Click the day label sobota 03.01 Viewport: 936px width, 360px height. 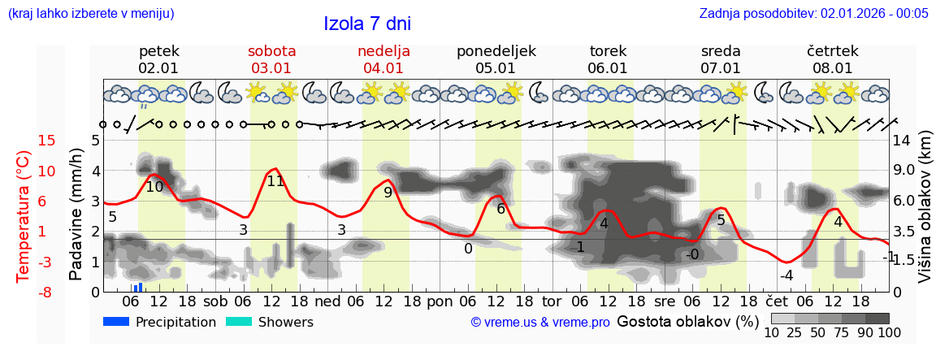click(271, 59)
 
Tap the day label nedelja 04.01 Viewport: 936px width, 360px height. click(383, 59)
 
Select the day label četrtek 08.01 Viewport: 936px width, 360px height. click(832, 59)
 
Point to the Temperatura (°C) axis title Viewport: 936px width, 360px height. click(24, 216)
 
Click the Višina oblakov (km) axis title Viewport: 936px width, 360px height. click(925, 215)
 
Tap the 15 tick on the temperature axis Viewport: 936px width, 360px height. click(24, 141)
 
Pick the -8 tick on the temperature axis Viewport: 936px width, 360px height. click(24, 292)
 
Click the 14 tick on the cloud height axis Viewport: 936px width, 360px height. click(903, 141)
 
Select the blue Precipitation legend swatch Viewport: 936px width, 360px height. click(117, 322)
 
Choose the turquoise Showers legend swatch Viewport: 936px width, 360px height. click(239, 322)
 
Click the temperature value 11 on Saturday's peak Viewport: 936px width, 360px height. click(275, 181)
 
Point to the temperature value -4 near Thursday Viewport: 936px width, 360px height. click(786, 275)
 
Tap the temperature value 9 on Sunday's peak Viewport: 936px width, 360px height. click(388, 193)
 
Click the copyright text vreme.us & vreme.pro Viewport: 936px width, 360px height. click(540, 323)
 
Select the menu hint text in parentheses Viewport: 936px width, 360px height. click(90, 14)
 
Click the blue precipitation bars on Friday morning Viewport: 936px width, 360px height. click(138, 288)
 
